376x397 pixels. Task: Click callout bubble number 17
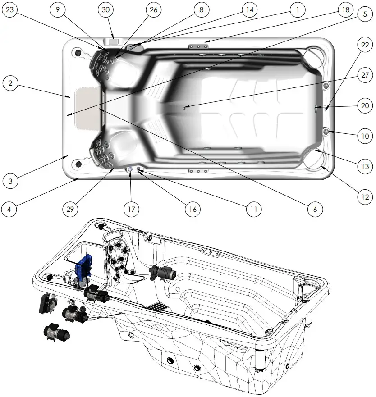click(x=131, y=209)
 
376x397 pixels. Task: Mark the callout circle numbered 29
click(x=70, y=209)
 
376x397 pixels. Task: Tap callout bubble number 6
click(x=315, y=209)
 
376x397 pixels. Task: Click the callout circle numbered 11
click(x=254, y=209)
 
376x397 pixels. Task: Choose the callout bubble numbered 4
click(x=10, y=209)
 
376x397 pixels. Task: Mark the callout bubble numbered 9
click(x=58, y=10)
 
